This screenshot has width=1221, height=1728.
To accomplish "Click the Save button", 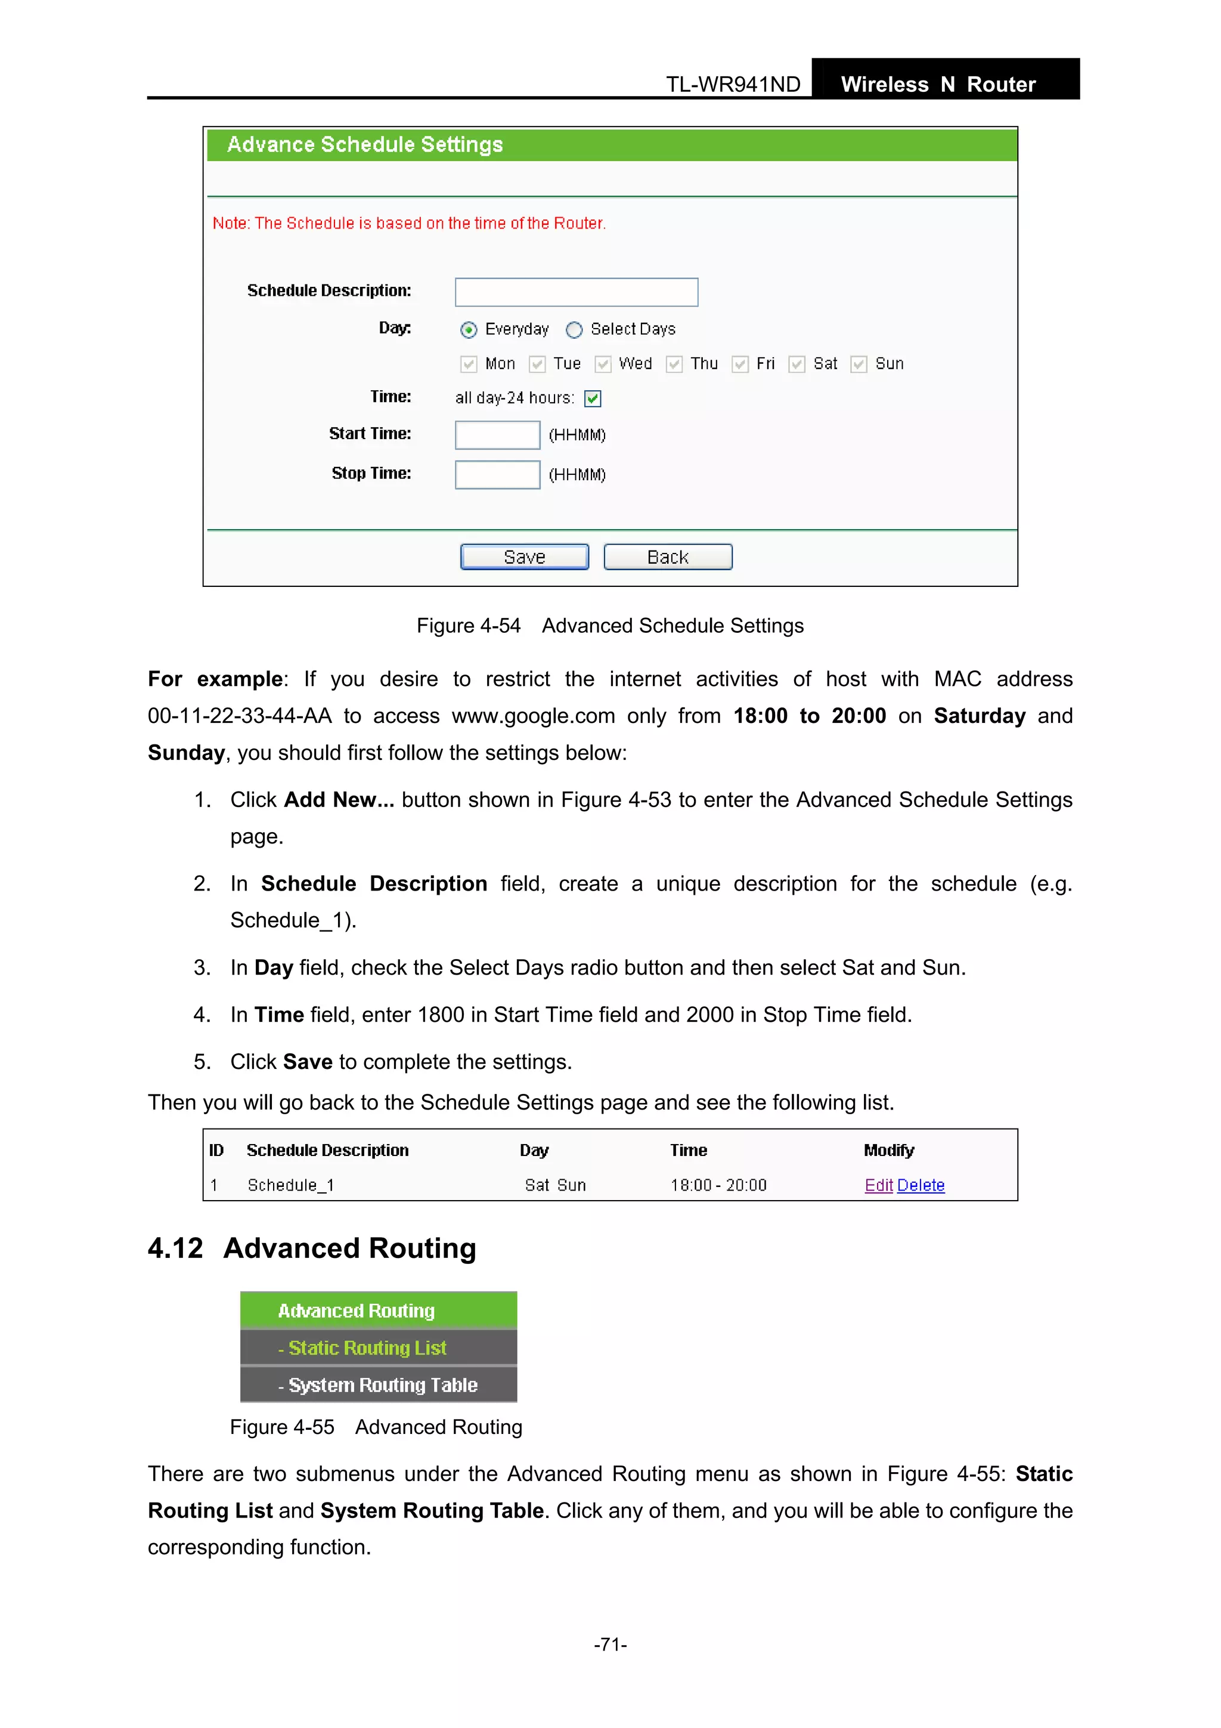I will pos(525,557).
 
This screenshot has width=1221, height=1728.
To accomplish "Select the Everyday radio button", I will pos(469,330).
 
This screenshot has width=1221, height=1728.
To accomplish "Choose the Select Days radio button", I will pos(574,330).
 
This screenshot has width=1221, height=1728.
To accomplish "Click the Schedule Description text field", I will pos(577,292).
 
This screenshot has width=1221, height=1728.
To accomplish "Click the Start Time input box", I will pos(497,435).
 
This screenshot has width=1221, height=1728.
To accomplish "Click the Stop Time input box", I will pos(497,475).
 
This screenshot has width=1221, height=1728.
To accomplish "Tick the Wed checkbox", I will pos(603,364).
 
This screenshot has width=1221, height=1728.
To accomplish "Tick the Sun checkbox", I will pos(859,364).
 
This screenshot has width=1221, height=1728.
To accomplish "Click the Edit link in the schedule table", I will pos(878,1185).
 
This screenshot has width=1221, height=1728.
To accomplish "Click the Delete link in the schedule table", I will pos(921,1185).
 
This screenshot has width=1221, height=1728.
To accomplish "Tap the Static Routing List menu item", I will pos(367,1348).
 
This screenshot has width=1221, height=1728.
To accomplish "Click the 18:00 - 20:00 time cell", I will pos(718,1185).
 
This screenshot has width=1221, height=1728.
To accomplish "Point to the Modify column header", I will pos(888,1150).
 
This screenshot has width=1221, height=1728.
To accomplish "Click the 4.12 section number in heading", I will pos(175,1248).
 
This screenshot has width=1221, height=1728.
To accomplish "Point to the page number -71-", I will pos(610,1644).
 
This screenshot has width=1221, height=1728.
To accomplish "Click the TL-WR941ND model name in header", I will pos(733,84).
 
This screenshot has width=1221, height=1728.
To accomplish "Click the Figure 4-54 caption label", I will pos(468,626).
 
